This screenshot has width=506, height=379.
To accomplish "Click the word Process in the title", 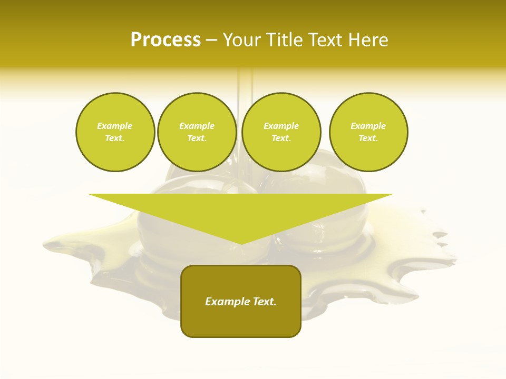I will [x=166, y=40].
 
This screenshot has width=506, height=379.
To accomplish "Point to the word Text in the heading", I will [x=326, y=40].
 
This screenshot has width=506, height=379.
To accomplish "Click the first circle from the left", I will [x=115, y=132].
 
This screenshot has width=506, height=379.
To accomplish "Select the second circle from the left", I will [x=197, y=132].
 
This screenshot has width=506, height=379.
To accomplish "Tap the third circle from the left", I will [x=281, y=132].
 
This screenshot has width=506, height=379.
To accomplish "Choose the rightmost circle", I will [x=368, y=132].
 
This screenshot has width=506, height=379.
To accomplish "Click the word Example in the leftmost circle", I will [x=115, y=126].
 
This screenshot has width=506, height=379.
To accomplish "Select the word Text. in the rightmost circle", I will [x=368, y=138].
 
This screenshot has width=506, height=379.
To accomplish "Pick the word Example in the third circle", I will [x=281, y=126].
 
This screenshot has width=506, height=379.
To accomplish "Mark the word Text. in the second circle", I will [x=197, y=138].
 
